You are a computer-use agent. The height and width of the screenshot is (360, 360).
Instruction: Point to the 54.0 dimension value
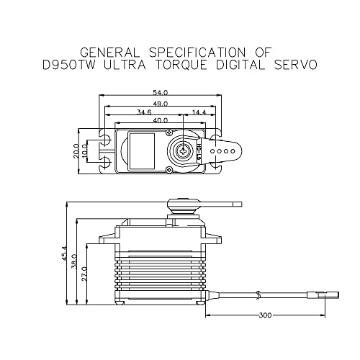[x=160, y=93]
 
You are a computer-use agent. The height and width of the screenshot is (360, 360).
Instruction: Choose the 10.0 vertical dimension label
[x=84, y=150]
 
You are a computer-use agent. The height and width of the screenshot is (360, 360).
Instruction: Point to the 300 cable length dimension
[x=265, y=315]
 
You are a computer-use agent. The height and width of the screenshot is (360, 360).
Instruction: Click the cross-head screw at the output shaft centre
[x=184, y=150]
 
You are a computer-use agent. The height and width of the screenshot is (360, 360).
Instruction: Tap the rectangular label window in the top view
[x=140, y=150]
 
